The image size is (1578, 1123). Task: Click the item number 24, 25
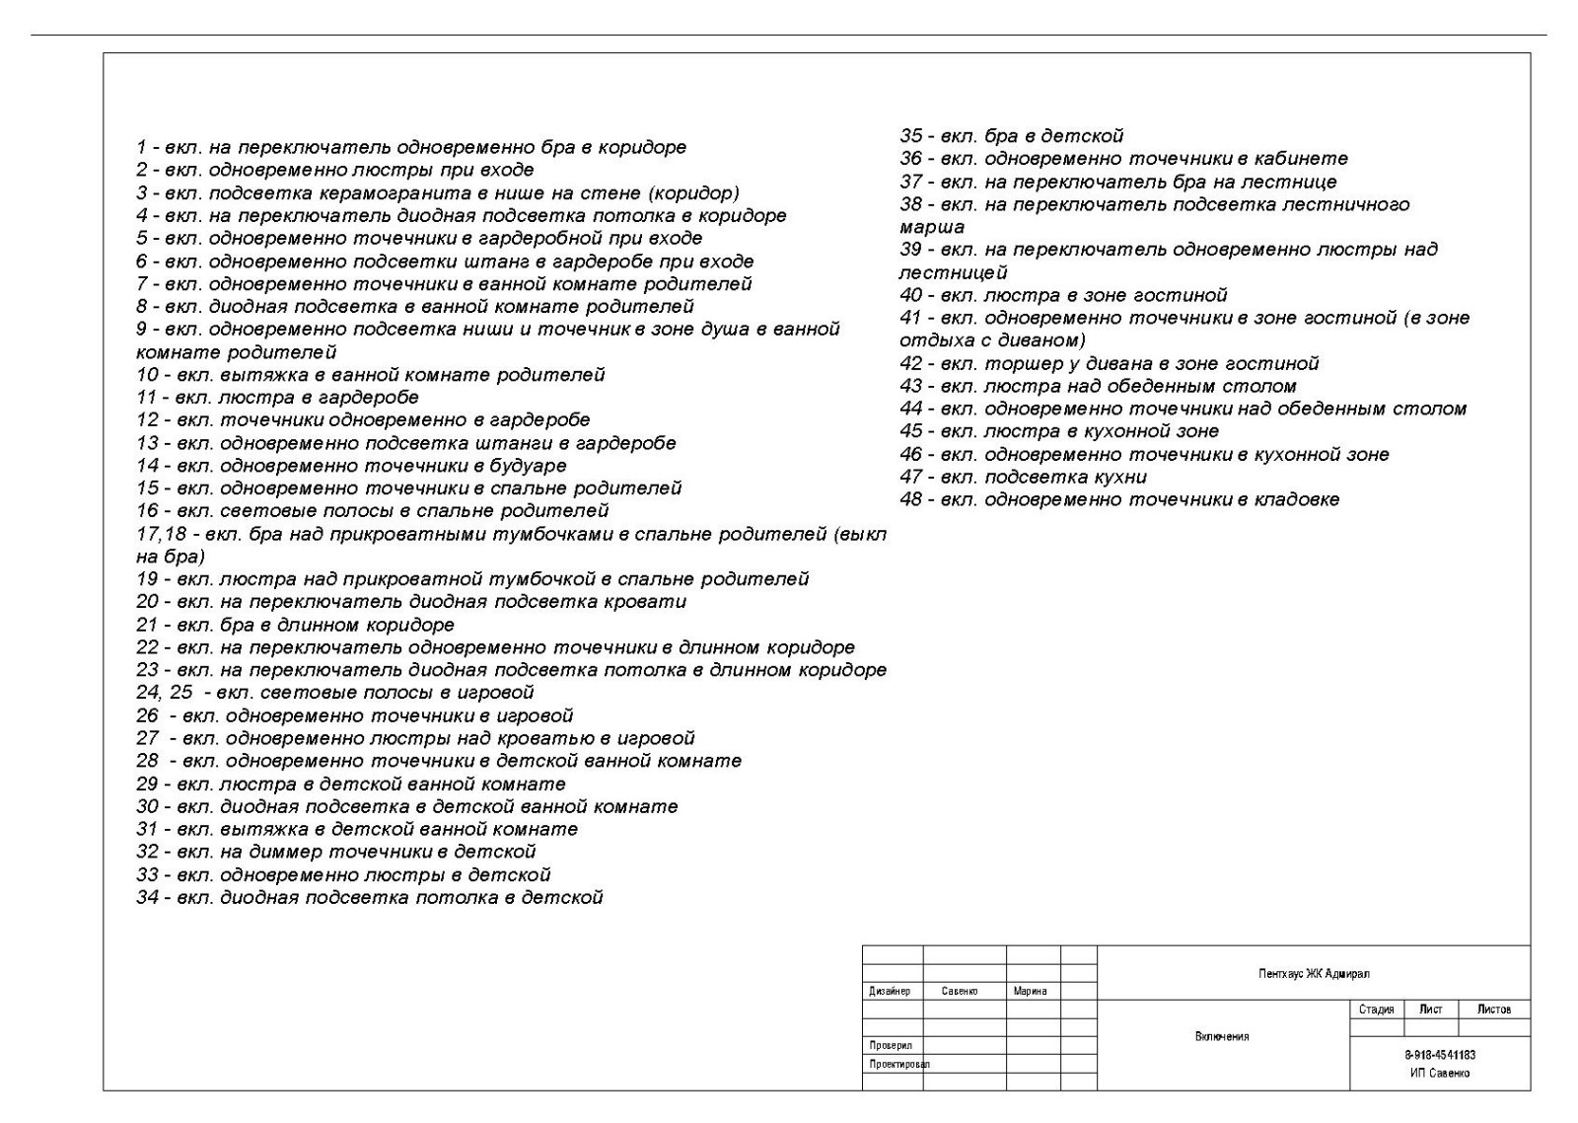click(164, 693)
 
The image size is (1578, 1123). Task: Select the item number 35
click(910, 136)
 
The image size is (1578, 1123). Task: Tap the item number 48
click(910, 500)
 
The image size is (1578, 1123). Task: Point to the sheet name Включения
click(1222, 1036)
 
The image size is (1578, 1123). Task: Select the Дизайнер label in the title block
click(890, 991)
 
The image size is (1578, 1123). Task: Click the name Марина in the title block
click(1030, 991)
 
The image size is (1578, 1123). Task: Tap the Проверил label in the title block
click(891, 1045)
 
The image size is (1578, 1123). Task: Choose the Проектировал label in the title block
click(898, 1065)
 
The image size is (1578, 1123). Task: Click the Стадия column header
click(1376, 1010)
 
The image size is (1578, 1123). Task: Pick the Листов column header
click(1493, 1010)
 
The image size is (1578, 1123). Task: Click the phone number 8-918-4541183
click(1440, 1055)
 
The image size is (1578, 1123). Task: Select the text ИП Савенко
click(1440, 1073)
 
